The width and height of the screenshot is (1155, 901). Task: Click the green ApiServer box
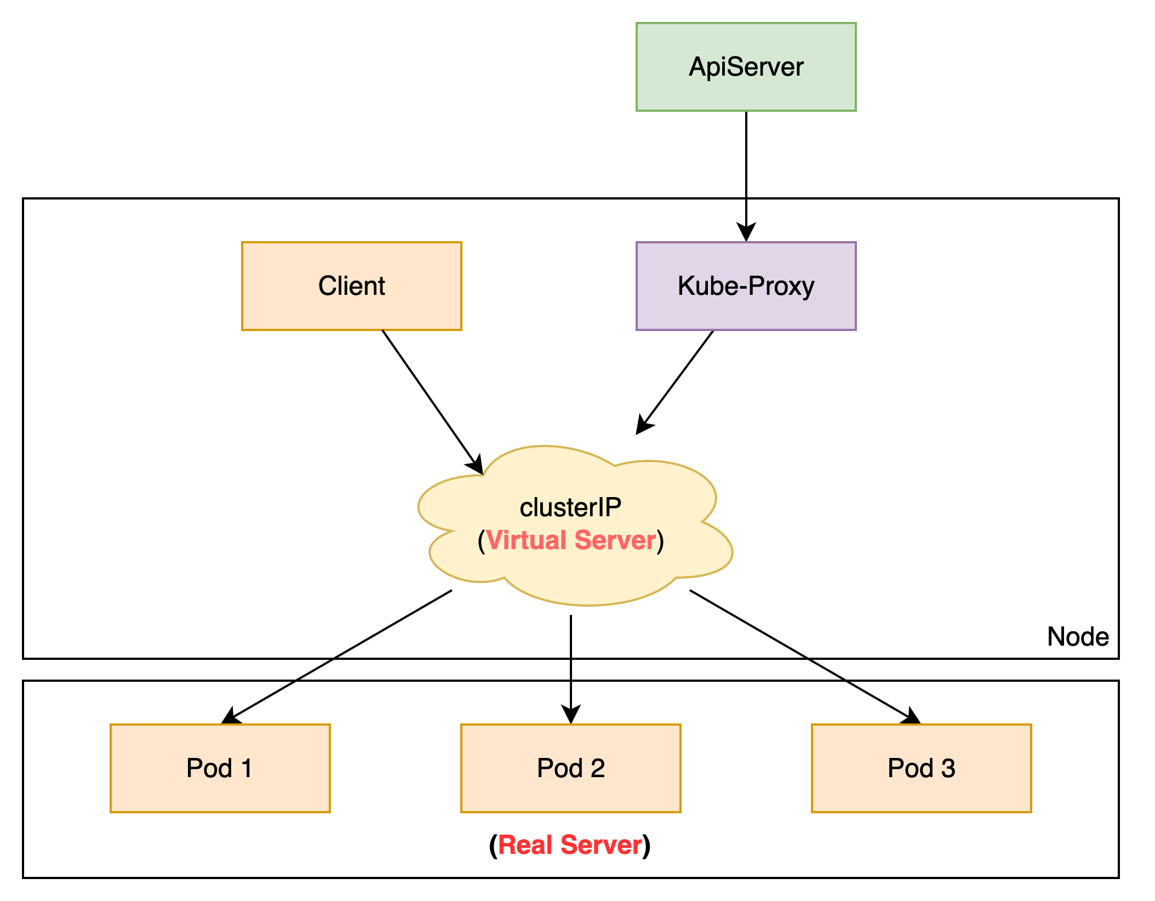pyautogui.click(x=746, y=67)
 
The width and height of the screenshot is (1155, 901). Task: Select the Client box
pyautogui.click(x=351, y=286)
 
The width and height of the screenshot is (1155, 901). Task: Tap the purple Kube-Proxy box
pyautogui.click(x=746, y=286)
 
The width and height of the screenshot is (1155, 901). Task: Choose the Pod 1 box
pyautogui.click(x=220, y=768)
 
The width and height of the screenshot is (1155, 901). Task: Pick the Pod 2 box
pyautogui.click(x=570, y=768)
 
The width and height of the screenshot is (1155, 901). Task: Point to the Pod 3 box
pyautogui.click(x=921, y=768)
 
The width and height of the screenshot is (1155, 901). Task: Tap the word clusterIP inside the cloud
pyautogui.click(x=570, y=507)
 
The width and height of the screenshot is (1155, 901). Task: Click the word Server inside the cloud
pyautogui.click(x=615, y=540)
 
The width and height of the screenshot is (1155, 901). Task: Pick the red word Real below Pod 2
pyautogui.click(x=525, y=845)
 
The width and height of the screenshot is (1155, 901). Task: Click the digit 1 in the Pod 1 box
pyautogui.click(x=247, y=768)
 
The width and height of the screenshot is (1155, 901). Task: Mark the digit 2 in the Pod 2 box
pyautogui.click(x=598, y=768)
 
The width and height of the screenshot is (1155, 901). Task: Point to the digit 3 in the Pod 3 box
pyautogui.click(x=948, y=768)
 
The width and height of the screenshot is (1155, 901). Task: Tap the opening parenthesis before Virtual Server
pyautogui.click(x=481, y=541)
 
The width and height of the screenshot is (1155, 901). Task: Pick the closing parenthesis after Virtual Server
pyautogui.click(x=661, y=541)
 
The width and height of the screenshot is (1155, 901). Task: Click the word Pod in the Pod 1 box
pyautogui.click(x=209, y=768)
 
